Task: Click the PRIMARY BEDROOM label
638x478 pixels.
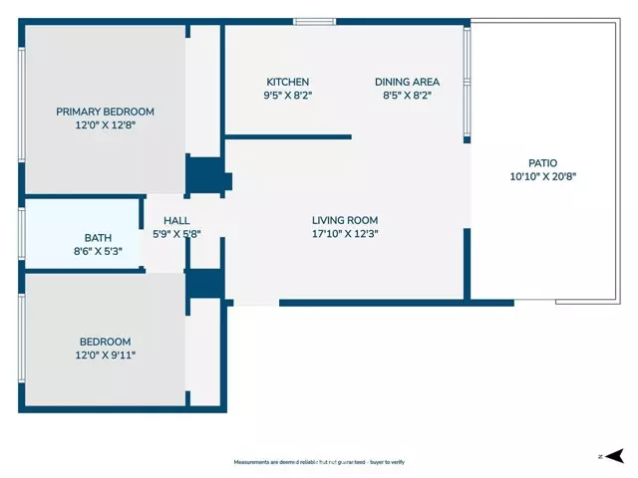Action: tap(105, 112)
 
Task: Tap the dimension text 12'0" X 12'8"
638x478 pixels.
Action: tap(105, 125)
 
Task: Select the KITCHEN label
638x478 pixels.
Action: tap(287, 82)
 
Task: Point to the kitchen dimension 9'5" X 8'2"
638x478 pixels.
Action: tap(287, 96)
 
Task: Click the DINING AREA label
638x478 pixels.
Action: tap(407, 82)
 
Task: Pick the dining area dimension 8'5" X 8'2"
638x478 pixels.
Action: tap(407, 96)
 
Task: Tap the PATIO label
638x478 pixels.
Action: tap(542, 162)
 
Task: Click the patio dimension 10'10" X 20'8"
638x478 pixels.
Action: tap(542, 176)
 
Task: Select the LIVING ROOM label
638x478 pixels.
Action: tap(345, 220)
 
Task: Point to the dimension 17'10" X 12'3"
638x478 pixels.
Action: tap(345, 234)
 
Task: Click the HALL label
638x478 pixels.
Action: tap(176, 220)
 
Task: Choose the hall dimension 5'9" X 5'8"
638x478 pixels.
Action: tap(176, 234)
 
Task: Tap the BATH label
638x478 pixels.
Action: tap(98, 238)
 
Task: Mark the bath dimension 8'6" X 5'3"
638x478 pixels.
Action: tap(98, 252)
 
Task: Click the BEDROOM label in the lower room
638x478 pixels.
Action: tap(105, 341)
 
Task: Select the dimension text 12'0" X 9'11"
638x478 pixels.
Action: tap(105, 355)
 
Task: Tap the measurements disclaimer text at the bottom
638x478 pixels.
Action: tap(318, 462)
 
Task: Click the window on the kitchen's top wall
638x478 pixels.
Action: tap(314, 22)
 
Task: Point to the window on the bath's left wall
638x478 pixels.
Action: tap(21, 235)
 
